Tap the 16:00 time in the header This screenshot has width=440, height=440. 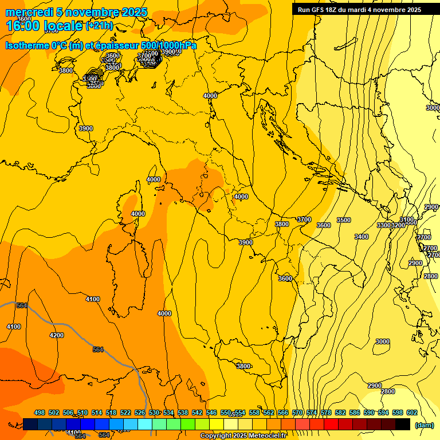click(x=22, y=25)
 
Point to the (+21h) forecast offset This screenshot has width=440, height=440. click(x=99, y=26)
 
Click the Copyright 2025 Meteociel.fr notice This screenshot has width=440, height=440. click(x=243, y=436)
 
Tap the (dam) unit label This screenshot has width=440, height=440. click(x=424, y=425)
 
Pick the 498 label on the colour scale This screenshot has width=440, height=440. click(x=40, y=412)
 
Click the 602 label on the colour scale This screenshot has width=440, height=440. click(x=411, y=412)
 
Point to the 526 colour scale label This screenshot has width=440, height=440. click(x=140, y=412)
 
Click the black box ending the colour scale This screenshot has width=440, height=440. click(x=403, y=424)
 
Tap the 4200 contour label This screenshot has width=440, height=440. click(x=57, y=335)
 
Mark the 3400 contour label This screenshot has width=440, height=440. click(x=362, y=237)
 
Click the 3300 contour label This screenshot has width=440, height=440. click(x=383, y=225)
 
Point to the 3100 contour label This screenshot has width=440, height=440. click(x=407, y=220)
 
